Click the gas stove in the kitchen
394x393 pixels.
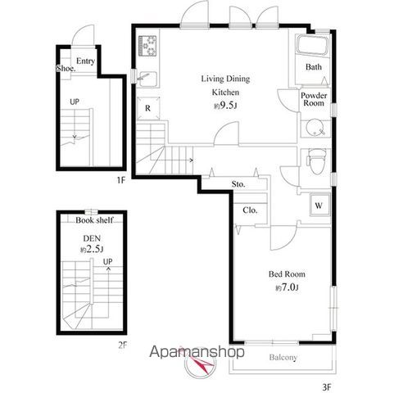click(147, 46)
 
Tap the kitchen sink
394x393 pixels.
click(147, 79)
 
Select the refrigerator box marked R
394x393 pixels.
click(148, 108)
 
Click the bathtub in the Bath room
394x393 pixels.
click(313, 45)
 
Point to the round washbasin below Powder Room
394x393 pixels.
click(315, 127)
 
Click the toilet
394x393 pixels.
click(316, 161)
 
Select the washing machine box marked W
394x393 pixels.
click(319, 205)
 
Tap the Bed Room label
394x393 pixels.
click(287, 274)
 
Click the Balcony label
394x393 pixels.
click(283, 357)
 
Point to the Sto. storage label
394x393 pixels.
click(238, 184)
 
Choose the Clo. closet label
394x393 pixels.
click(250, 210)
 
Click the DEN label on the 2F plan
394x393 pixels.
click(92, 238)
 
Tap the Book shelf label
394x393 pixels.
click(94, 220)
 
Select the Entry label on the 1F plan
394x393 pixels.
click(85, 61)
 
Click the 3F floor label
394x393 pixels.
click(327, 387)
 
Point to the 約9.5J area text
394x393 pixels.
click(225, 106)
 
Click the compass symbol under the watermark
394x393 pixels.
click(201, 363)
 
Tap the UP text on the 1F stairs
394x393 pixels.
click(75, 102)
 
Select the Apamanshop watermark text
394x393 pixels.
click(197, 352)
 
